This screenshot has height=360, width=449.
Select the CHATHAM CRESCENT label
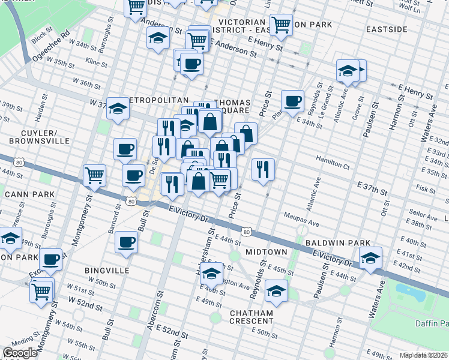click(251, 317)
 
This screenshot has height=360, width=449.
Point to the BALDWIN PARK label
click(335, 243)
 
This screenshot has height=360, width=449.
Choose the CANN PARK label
click(29, 194)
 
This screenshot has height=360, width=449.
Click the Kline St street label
click(97, 62)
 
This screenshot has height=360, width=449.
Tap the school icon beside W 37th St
click(118, 109)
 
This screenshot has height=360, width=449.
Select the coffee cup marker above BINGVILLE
click(126, 242)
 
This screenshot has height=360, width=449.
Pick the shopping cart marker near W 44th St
click(94, 175)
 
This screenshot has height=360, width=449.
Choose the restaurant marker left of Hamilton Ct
click(263, 169)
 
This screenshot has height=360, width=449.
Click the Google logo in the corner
click(19, 353)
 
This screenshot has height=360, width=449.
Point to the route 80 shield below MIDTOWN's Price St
click(246, 231)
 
